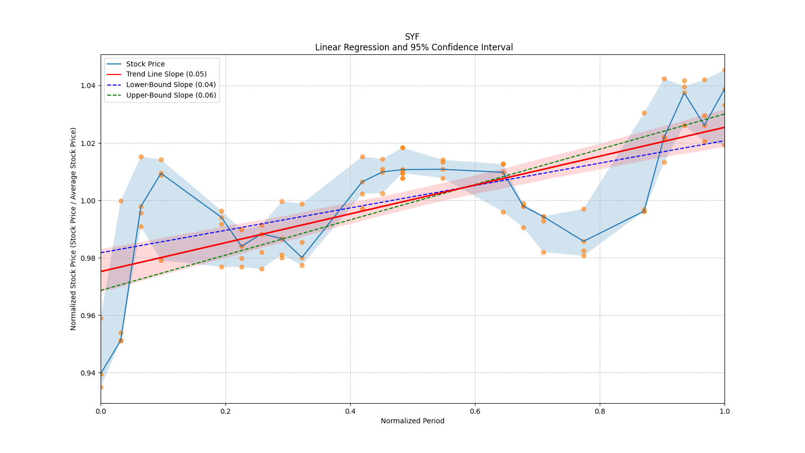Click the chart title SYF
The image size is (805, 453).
pos(412,37)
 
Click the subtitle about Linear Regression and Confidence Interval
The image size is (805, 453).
pos(414,47)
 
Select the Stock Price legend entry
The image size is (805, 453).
pos(145,64)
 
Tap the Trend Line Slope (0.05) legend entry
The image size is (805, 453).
pos(166,74)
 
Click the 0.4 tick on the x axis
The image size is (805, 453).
pos(350,411)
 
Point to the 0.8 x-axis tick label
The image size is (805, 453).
pos(600,411)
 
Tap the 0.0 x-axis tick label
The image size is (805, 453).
pos(101,411)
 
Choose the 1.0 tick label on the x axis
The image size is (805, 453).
pos(725,411)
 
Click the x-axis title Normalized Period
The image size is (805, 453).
pos(413,421)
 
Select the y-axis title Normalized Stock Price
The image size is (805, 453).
pos(73,229)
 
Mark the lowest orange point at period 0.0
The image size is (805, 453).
pos(101,387)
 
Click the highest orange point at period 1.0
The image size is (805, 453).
pos(725,70)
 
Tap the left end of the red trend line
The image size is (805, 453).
pos(101,271)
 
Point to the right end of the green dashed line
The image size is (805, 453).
pos(724,114)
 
